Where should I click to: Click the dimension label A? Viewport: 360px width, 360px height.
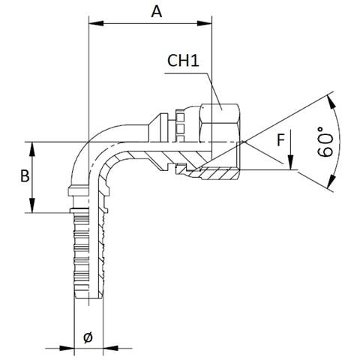pyautogui.click(x=157, y=12)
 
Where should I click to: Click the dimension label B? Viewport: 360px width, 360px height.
pyautogui.click(x=25, y=175)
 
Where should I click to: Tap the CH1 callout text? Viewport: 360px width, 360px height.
pyautogui.click(x=183, y=61)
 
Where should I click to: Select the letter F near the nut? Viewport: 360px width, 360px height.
pyautogui.click(x=281, y=140)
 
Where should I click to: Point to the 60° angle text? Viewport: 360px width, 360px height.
pyautogui.click(x=325, y=142)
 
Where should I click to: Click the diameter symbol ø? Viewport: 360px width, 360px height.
pyautogui.click(x=88, y=337)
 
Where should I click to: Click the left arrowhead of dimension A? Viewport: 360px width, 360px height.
pyautogui.click(x=96, y=23)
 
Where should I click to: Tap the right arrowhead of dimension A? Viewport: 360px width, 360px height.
pyautogui.click(x=205, y=23)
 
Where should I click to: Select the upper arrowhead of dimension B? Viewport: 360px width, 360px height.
pyautogui.click(x=32, y=149)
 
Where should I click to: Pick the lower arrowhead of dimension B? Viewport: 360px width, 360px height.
pyautogui.click(x=32, y=205)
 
